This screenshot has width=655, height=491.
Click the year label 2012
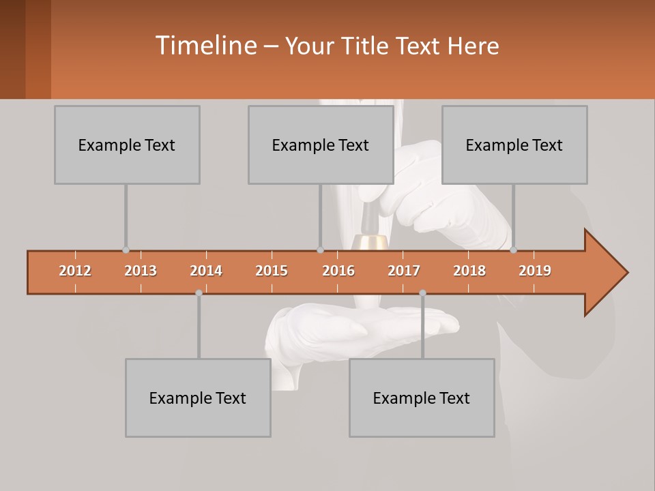point(75,271)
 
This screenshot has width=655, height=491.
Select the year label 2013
point(141,271)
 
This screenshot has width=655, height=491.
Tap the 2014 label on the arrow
point(206,271)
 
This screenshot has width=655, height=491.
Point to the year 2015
point(272,271)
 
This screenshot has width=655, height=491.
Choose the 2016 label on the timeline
point(338,271)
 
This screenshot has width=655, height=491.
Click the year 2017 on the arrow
point(404,271)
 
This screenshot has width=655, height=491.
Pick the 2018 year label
point(469,271)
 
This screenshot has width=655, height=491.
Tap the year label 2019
point(535,271)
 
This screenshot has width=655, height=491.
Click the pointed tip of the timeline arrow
point(626,273)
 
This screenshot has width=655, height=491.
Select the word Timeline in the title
point(205,46)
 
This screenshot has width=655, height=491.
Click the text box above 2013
point(127,145)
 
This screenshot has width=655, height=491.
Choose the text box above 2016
point(321,145)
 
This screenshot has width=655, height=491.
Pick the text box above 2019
point(514,145)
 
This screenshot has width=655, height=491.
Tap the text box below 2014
point(198,398)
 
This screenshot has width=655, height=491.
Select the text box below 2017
point(422,398)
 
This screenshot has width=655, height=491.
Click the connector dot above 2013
point(126,250)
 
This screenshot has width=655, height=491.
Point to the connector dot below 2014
point(199,293)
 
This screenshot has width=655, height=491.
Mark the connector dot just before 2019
point(513,250)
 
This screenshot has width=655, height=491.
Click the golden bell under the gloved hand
point(370,241)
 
